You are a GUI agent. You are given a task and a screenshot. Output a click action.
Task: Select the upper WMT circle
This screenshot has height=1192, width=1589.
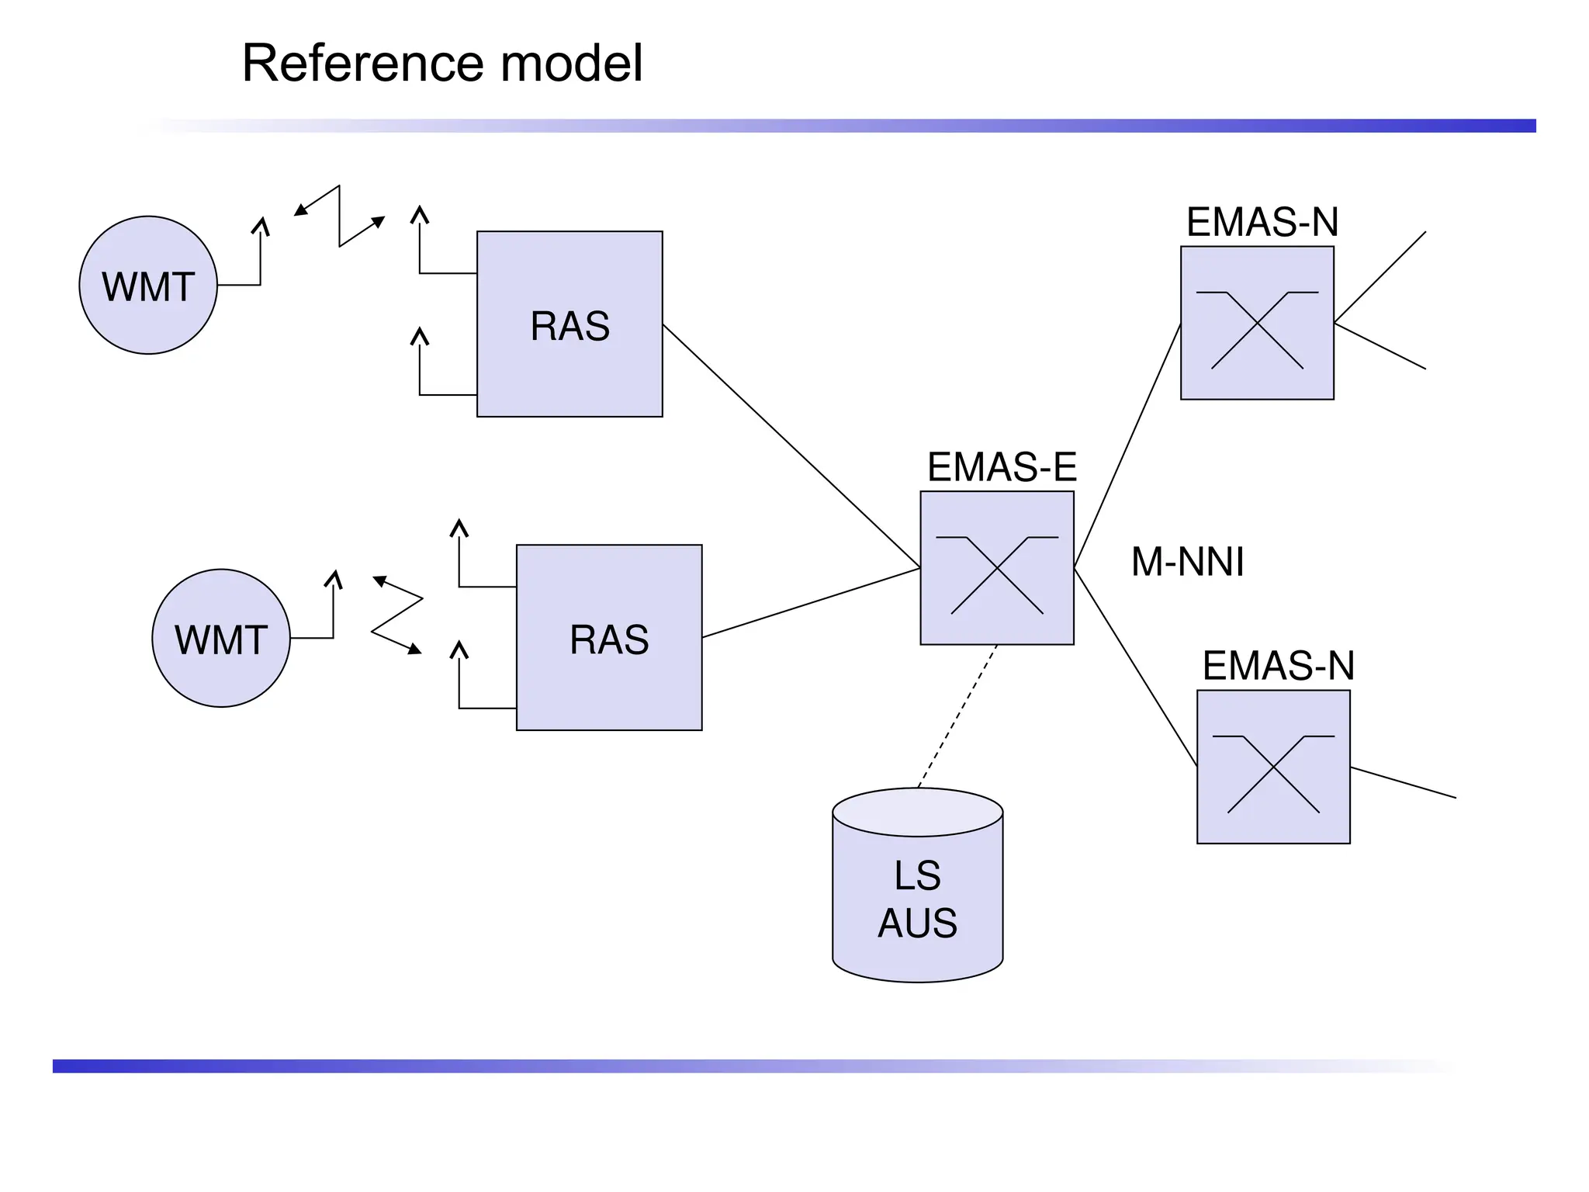[x=148, y=286]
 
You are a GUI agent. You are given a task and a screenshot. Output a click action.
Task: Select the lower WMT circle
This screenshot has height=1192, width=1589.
[x=221, y=639]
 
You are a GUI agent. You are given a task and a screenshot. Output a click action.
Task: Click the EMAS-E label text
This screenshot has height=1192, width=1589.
[x=1002, y=467]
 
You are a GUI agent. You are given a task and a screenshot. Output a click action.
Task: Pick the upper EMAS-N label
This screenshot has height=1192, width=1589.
[x=1262, y=222]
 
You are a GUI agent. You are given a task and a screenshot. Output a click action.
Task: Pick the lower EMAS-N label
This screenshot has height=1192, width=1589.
[x=1279, y=666]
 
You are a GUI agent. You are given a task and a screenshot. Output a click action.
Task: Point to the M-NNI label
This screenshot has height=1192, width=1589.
[x=1187, y=562]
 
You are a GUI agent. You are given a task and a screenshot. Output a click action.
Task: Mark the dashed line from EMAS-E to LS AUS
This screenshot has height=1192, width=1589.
[x=957, y=716]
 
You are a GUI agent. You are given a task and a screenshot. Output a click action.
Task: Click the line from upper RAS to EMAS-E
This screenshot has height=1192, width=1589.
[x=791, y=446]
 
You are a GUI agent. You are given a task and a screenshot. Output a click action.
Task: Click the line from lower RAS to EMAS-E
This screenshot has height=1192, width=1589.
[x=811, y=603]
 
